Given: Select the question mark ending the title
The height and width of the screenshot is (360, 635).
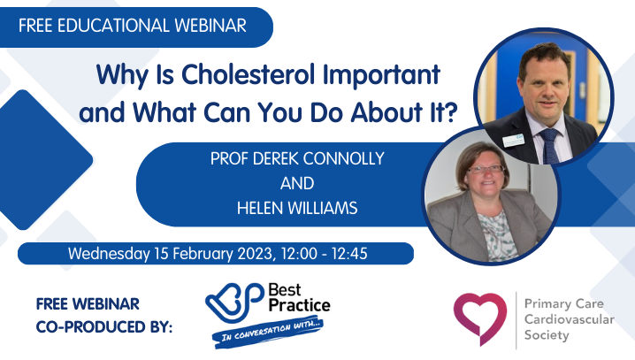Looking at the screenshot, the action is click(x=450, y=111).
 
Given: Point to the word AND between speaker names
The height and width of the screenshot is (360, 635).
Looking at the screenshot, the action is click(x=297, y=183).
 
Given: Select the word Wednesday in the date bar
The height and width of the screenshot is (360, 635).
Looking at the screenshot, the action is click(x=109, y=254).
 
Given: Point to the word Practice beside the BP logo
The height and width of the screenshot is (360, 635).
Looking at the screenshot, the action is click(x=299, y=305).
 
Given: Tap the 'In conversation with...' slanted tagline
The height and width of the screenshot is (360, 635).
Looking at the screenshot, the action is click(x=268, y=332).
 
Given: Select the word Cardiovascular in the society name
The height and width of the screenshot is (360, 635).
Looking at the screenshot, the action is click(x=570, y=319).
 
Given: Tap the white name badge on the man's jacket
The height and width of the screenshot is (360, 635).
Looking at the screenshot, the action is click(x=514, y=140).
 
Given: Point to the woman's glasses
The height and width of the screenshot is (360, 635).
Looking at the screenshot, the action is click(x=487, y=169).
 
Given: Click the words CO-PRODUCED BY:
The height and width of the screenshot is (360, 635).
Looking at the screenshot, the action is click(x=104, y=327).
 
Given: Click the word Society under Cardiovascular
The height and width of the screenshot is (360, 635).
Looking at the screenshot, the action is click(x=547, y=335).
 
